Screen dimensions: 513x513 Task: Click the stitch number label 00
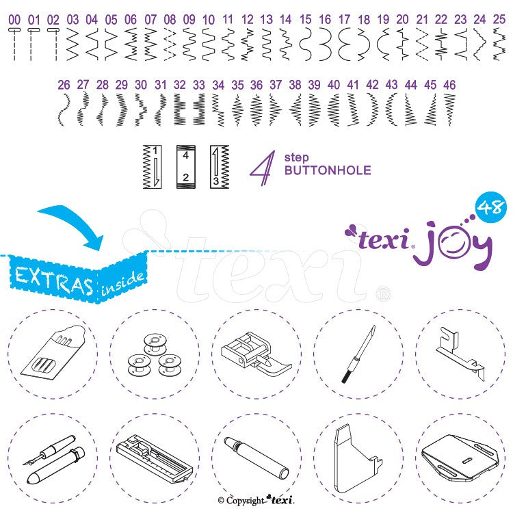click(x=14, y=20)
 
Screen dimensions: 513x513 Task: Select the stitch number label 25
click(x=499, y=20)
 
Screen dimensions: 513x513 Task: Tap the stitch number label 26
click(x=64, y=85)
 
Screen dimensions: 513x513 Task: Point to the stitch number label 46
click(x=449, y=85)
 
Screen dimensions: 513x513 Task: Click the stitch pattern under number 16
click(x=325, y=44)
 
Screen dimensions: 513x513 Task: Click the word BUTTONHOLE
click(x=328, y=170)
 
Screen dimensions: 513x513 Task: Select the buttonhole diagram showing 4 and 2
click(x=185, y=167)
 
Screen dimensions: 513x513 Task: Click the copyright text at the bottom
click(x=256, y=501)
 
